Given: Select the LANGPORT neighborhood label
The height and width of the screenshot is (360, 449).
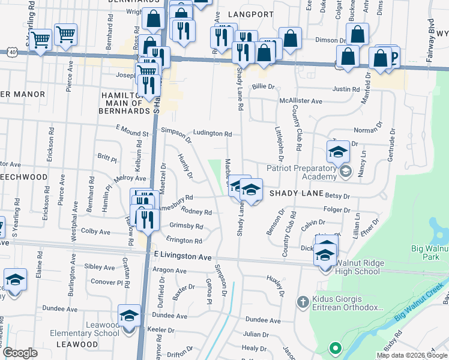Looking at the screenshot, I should point(252,14).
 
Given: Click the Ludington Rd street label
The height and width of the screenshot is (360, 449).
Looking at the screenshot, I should point(212,133).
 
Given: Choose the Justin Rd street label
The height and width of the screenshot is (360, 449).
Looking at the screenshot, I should point(345,89).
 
